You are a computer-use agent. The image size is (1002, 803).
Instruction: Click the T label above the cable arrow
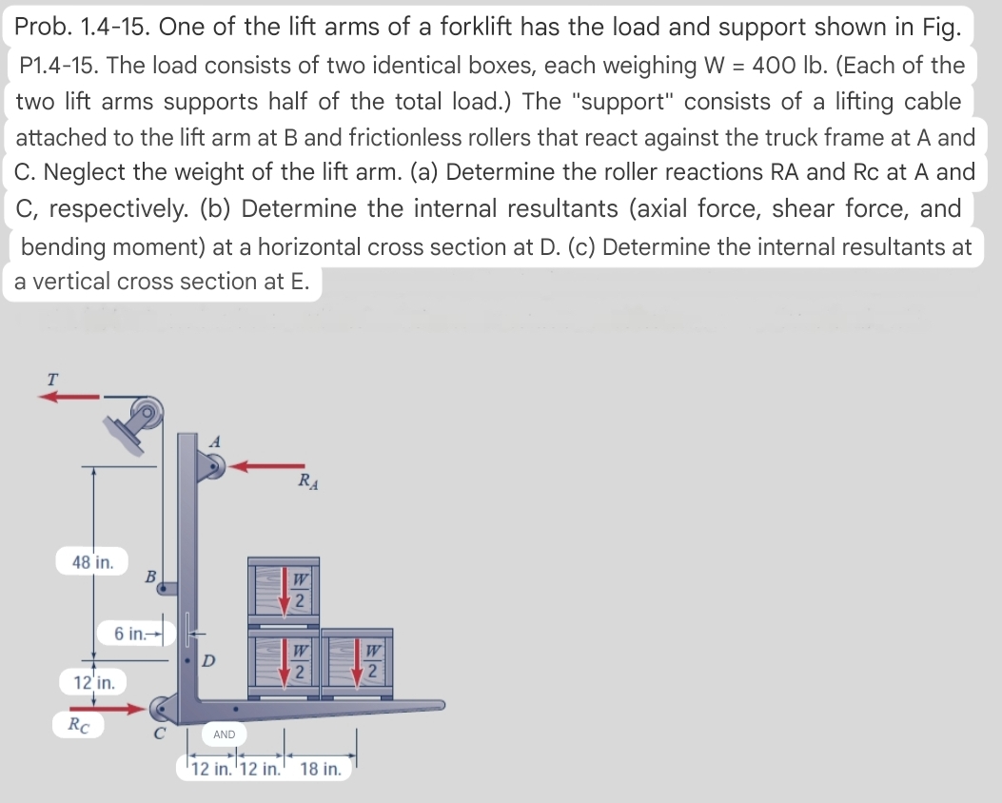[52, 378]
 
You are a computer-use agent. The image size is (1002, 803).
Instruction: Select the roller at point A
[211, 465]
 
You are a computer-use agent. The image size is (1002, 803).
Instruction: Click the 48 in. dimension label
[93, 561]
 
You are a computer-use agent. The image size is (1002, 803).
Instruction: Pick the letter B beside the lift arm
[150, 576]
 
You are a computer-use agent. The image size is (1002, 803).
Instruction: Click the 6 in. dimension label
[130, 634]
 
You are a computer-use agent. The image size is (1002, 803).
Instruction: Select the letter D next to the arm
[210, 659]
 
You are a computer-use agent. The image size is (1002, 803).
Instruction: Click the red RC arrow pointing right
[111, 708]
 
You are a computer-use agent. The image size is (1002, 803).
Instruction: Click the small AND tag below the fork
[224, 734]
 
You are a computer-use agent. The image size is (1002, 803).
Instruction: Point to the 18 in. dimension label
[321, 769]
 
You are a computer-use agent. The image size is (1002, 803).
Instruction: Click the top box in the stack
[284, 590]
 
